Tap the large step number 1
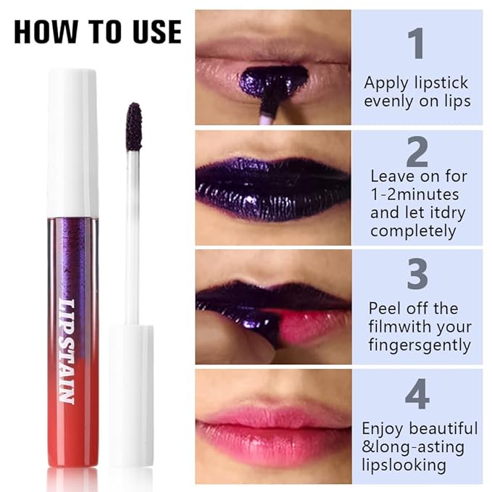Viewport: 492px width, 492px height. click(416, 43)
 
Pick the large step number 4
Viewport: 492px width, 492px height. click(417, 395)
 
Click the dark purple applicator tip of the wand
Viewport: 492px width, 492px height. click(133, 126)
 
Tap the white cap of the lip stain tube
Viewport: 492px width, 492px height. click(72, 141)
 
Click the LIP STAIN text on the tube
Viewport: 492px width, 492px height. click(67, 351)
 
